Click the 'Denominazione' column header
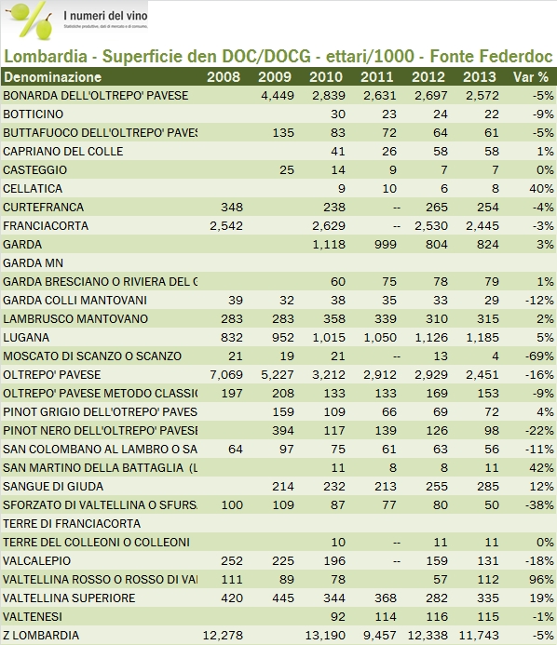pos(52,76)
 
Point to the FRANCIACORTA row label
pos(41,225)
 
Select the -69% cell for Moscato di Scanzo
pos(540,356)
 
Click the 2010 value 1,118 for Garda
pos(326,244)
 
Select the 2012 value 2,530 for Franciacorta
pos(428,225)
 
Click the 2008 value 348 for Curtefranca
pos(228,207)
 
